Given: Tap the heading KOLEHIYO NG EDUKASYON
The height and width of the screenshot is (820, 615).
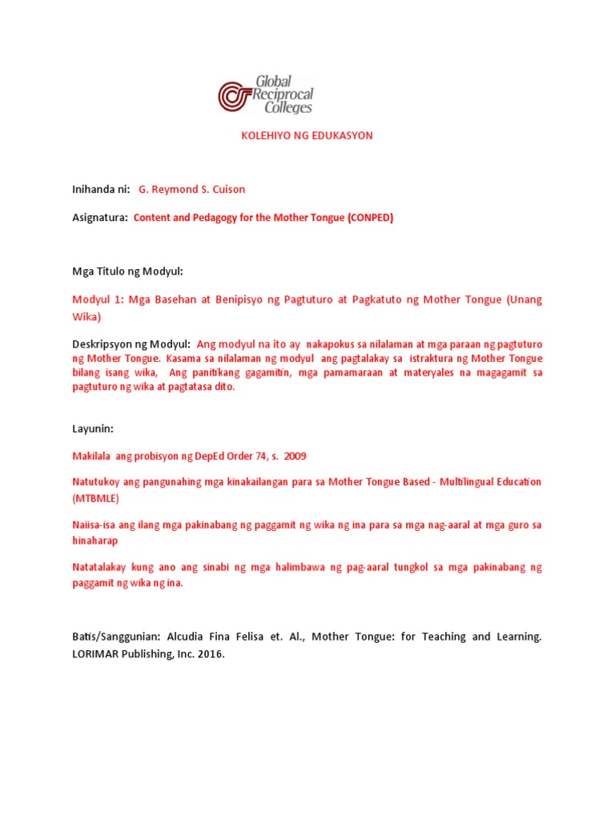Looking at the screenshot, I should [307, 135].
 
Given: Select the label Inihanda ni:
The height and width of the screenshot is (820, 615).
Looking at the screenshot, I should [101, 190].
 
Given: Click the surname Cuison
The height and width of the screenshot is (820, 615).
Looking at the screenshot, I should [228, 190].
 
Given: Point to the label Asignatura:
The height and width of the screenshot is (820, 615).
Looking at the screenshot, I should [100, 218].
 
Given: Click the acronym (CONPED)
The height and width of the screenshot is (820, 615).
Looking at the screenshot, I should [370, 218].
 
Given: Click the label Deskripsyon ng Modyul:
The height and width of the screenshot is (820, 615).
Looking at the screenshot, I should [131, 344].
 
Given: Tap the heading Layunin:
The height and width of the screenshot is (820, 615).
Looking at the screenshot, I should [93, 428].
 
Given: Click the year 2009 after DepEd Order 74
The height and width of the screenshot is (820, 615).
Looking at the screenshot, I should [295, 456].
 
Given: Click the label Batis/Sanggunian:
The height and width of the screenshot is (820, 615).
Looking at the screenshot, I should [117, 637].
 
